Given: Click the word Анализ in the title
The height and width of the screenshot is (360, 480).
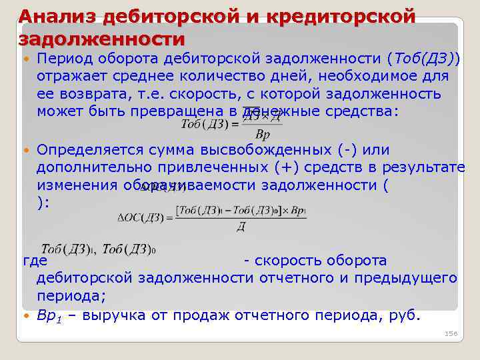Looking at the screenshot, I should (x=55, y=15).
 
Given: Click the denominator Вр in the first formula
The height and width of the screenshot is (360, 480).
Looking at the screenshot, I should (x=263, y=135).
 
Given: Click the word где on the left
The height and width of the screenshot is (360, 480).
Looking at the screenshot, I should (x=33, y=261).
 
